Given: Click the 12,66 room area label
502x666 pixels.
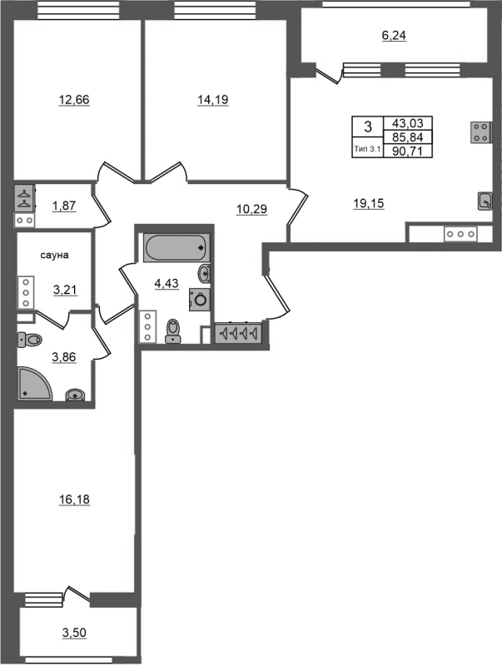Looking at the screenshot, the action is [74, 100].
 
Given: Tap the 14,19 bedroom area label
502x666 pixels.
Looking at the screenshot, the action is [213, 100].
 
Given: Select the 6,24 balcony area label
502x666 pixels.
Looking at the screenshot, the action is [394, 36].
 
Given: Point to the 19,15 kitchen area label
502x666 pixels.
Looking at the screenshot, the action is [368, 203].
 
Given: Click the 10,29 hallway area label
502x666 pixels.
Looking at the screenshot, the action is [252, 209].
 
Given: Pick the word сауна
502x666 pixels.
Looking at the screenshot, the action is [54, 256].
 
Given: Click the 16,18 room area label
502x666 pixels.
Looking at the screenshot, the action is [74, 499].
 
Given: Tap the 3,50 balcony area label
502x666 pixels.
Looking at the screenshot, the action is [74, 633].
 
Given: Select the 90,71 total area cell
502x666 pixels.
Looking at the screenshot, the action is [408, 152].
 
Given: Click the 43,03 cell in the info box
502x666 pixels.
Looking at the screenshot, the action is [408, 123].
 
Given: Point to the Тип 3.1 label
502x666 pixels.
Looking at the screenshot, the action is [368, 149].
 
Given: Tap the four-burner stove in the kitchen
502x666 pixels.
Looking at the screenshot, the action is [481, 132].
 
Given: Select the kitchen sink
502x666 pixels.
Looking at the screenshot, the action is [485, 201].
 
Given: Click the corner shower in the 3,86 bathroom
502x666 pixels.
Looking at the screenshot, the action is [35, 383].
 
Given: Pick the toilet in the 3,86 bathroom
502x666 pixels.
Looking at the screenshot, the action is [30, 340].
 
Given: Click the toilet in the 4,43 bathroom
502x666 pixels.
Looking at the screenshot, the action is [173, 331].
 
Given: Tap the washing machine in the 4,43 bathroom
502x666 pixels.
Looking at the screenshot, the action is [200, 300].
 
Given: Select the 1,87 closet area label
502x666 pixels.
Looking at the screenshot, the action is [64, 206].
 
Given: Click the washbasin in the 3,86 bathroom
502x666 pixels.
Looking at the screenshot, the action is [75, 395].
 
